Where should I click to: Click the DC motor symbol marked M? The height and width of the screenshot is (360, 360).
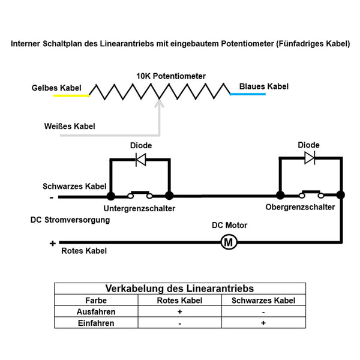tap(229, 242)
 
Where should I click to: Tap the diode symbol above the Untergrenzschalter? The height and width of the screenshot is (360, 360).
tap(141, 160)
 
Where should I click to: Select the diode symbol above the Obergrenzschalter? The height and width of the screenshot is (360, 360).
tap(310, 158)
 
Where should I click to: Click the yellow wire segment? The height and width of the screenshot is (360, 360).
tap(71, 95)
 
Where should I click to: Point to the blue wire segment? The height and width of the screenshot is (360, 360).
tap(248, 94)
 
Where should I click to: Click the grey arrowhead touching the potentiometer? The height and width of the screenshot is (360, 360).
tap(159, 104)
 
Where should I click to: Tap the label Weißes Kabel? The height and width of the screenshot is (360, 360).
tap(70, 126)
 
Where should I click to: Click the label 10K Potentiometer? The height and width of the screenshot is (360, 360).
tap(171, 76)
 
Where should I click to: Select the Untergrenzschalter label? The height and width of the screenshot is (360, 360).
tap(139, 208)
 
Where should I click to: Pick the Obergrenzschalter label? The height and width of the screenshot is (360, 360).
tap(300, 207)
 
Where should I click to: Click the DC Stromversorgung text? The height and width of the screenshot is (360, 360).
tap(70, 220)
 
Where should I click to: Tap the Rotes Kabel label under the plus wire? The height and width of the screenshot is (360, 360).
tap(84, 251)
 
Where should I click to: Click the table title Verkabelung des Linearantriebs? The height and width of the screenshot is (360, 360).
tap(179, 289)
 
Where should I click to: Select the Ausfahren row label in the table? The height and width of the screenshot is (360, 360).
tap(96, 312)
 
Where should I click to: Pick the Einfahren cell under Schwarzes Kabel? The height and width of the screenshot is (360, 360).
tap(263, 323)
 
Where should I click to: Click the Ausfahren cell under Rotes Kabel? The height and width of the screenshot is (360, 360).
tap(180, 311)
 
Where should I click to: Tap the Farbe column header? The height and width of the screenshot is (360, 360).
tap(96, 301)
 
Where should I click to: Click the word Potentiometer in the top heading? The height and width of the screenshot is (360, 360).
tap(247, 44)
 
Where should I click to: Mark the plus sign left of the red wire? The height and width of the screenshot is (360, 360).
tap(53, 243)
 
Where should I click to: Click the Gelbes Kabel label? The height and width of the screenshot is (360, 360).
tap(56, 88)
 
